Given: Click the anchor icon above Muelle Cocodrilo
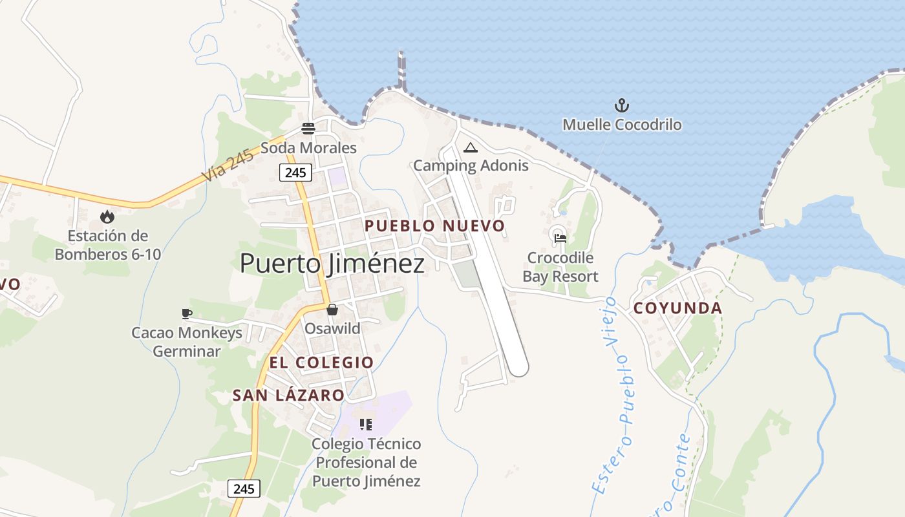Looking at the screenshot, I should (621, 105).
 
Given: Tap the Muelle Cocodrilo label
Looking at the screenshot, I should (622, 125).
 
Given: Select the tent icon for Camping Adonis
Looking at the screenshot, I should (470, 147).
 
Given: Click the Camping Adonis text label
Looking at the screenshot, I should (471, 165).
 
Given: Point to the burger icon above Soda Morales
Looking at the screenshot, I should (308, 128).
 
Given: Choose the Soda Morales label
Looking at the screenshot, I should (308, 148).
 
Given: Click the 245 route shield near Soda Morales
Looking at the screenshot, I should (296, 173).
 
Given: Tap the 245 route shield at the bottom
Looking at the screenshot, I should (244, 489).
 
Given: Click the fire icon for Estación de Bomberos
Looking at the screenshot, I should (107, 216).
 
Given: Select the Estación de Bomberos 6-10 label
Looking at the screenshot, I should (107, 245).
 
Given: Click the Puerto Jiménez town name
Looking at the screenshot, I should (332, 264).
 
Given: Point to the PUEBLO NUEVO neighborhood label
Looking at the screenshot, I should (434, 226).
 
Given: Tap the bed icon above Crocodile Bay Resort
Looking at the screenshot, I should (560, 238).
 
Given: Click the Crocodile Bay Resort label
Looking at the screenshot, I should (560, 267).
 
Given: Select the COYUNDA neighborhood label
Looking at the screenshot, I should (677, 308).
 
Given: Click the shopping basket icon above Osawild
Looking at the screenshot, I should (332, 310).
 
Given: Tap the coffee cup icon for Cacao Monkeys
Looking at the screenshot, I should (187, 314).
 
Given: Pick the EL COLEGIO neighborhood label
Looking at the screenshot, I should (321, 363).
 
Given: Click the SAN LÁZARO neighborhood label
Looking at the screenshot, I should (288, 396).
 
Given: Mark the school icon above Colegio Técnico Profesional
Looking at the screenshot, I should (366, 425).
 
